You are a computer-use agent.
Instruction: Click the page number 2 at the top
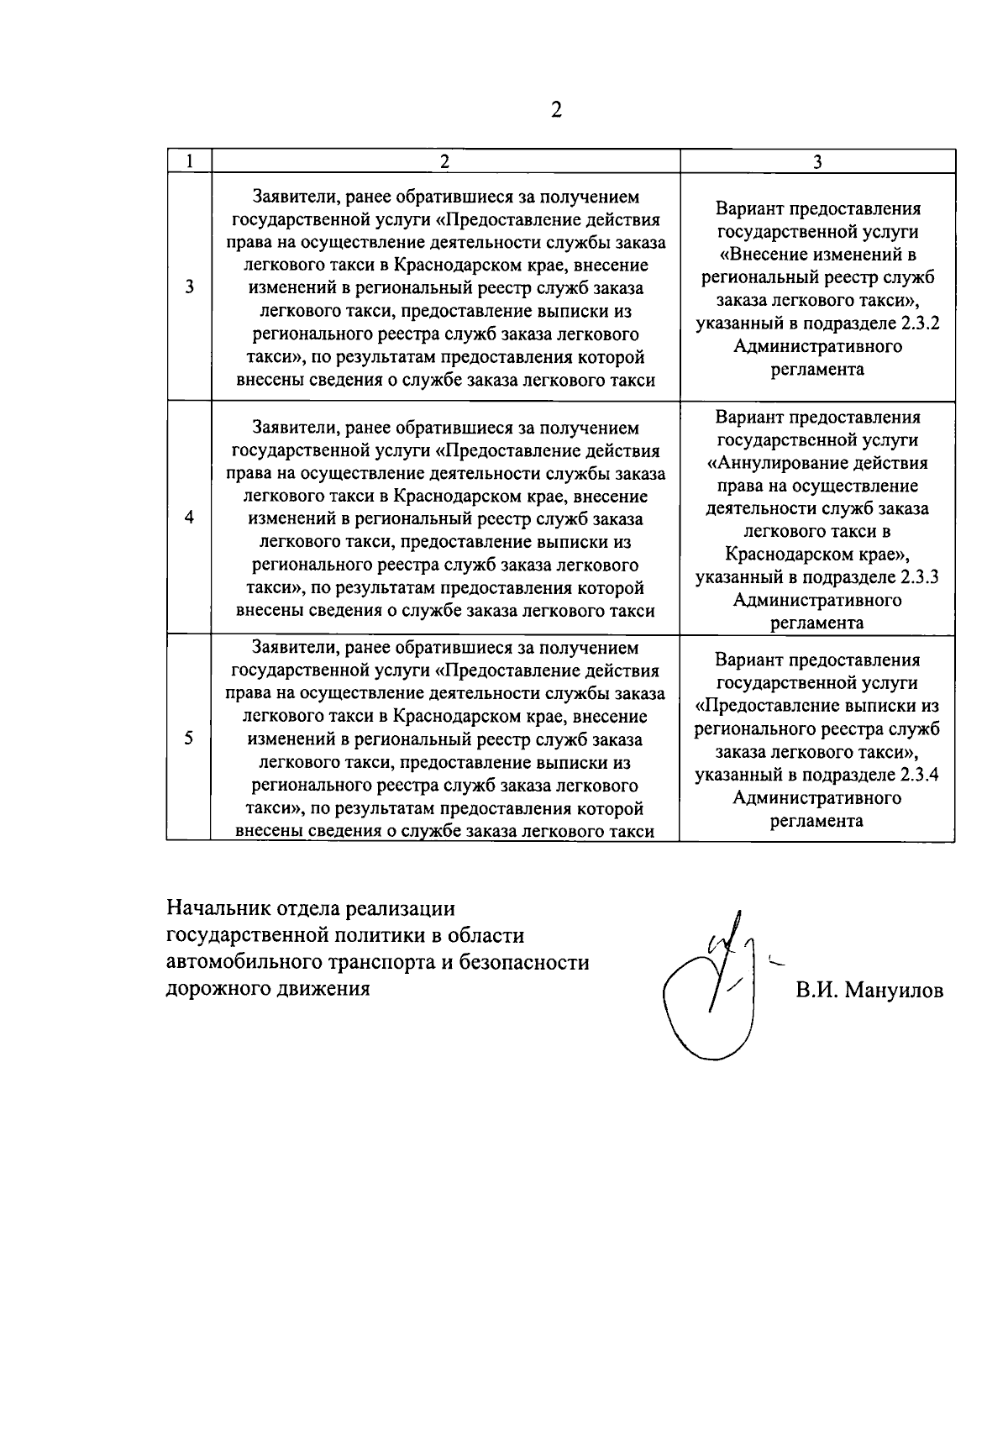tap(555, 110)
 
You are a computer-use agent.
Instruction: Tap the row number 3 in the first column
tap(190, 287)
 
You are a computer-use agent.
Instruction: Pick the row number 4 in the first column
tap(190, 517)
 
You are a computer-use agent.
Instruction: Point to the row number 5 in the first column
tap(189, 738)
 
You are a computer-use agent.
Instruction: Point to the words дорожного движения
tap(268, 989)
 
